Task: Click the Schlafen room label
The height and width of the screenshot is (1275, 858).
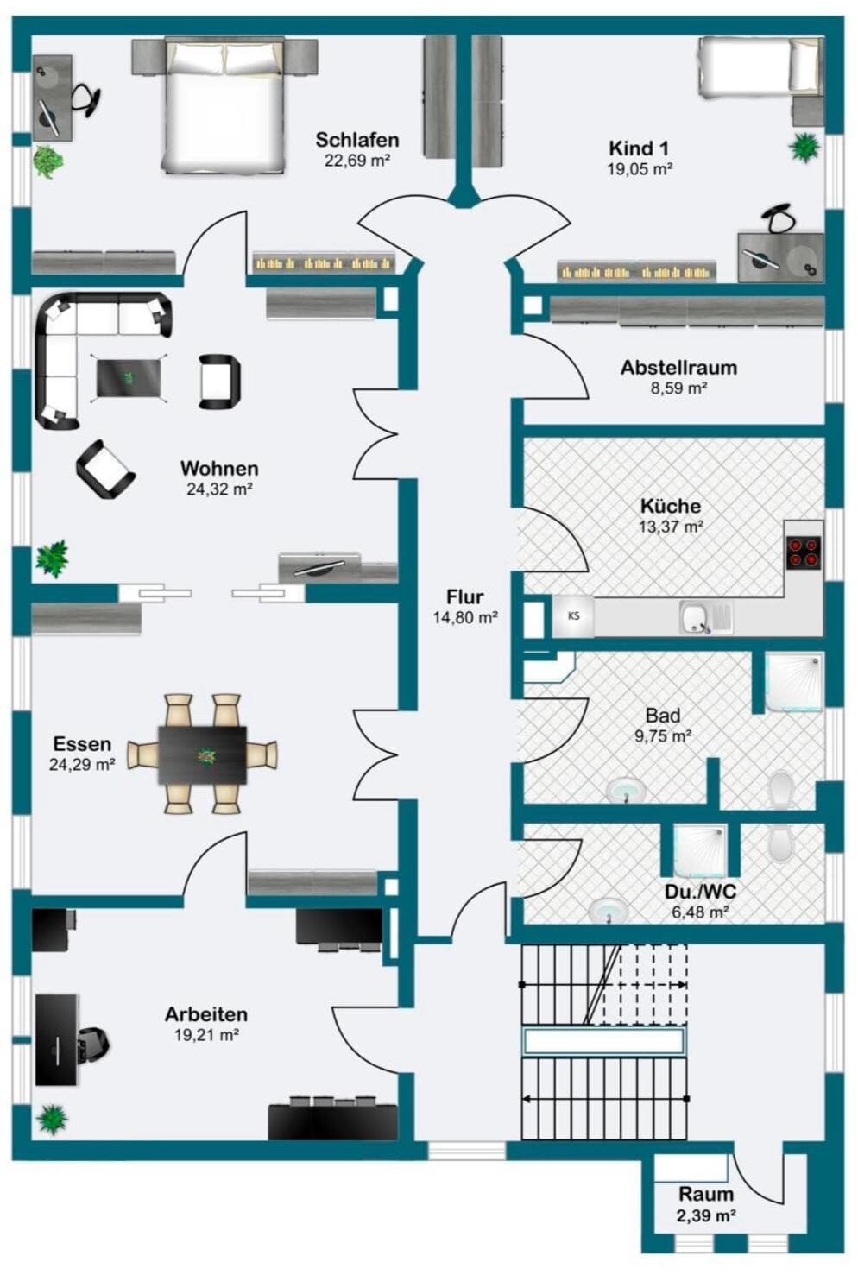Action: tap(357, 140)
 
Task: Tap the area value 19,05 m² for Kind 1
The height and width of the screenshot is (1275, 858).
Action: tap(640, 168)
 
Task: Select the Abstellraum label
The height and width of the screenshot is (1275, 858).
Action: tap(678, 368)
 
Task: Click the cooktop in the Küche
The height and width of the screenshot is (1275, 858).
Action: tap(804, 552)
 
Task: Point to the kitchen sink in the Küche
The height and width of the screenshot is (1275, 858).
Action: tap(706, 617)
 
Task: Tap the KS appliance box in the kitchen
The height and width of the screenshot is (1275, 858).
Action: tap(573, 615)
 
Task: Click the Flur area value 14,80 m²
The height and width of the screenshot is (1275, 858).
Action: tap(466, 617)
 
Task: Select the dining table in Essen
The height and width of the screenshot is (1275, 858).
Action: tap(202, 754)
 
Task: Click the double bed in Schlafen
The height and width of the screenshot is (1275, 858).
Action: tap(224, 105)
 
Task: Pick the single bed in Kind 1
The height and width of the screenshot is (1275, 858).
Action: tap(760, 65)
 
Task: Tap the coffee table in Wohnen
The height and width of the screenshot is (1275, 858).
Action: tap(129, 378)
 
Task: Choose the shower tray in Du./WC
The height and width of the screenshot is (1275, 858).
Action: tap(700, 851)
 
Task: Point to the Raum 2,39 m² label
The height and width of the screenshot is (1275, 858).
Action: tap(706, 1204)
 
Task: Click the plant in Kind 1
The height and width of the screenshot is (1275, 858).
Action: tap(804, 147)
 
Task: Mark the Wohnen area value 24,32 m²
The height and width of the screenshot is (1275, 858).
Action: tap(219, 489)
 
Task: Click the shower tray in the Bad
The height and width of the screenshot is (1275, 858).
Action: tap(793, 681)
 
